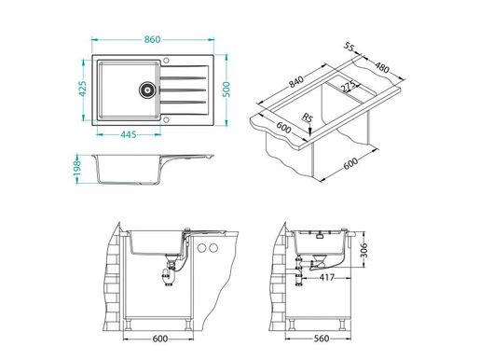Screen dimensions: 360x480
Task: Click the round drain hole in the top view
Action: pyautogui.click(x=146, y=90)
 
